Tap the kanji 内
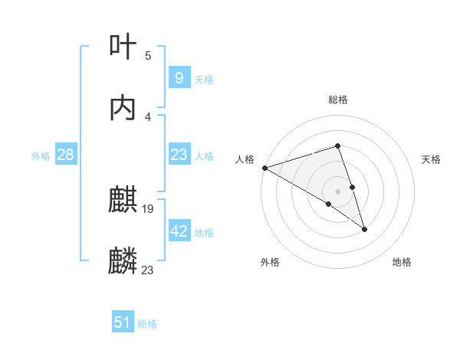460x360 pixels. [x=123, y=108]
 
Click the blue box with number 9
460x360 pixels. [x=179, y=78]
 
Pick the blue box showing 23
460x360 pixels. [x=179, y=155]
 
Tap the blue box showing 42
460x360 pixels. [x=179, y=231]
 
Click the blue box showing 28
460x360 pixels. [x=66, y=155]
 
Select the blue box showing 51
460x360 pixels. [x=123, y=323]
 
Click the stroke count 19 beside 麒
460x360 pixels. [x=149, y=208]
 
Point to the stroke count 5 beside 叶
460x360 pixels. [x=148, y=55]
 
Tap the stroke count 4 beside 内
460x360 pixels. [x=148, y=116]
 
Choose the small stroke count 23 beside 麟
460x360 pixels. [x=148, y=270]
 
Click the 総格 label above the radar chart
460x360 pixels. [x=338, y=100]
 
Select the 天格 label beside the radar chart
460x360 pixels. [x=432, y=159]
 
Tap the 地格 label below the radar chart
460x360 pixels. [x=402, y=262]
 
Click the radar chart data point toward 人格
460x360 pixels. [x=264, y=167]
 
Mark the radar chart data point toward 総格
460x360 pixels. [x=337, y=146]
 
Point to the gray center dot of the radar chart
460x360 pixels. [x=337, y=191]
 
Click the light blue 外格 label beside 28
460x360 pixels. [x=41, y=156]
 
